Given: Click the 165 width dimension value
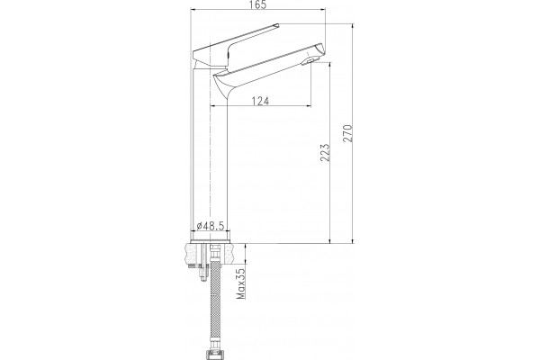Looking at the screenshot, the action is (x=258, y=4).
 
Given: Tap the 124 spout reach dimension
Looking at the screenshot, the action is (x=260, y=101).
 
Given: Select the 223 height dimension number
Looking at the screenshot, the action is (x=325, y=153).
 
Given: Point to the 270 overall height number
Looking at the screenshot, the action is (x=347, y=133).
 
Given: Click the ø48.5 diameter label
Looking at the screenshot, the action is (x=211, y=226).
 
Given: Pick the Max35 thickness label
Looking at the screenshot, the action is (x=241, y=283).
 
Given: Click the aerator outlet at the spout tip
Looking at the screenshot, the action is (x=308, y=62).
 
